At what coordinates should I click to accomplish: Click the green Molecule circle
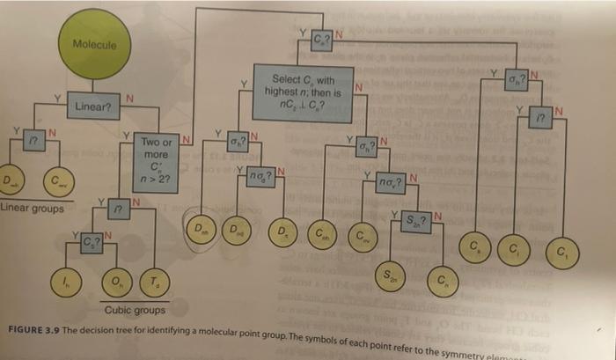pyautogui.click(x=95, y=44)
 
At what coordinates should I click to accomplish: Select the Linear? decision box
pyautogui.click(x=92, y=107)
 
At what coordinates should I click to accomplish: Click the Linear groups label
pyautogui.click(x=32, y=209)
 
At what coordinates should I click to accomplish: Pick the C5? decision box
pyautogui.click(x=91, y=240)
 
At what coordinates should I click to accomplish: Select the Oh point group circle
pyautogui.click(x=115, y=281)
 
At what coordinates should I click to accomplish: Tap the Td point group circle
pyautogui.click(x=153, y=281)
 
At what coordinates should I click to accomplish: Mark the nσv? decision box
pyautogui.click(x=389, y=184)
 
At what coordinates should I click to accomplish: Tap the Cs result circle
pyautogui.click(x=475, y=243)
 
